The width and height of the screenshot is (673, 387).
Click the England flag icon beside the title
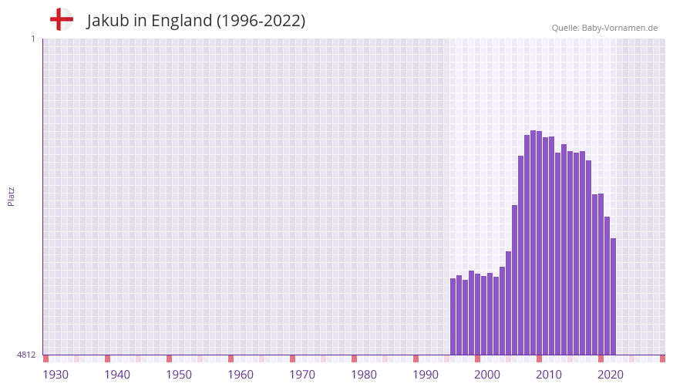pyautogui.click(x=61, y=19)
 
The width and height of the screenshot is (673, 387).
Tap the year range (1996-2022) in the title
pyautogui.click(x=261, y=21)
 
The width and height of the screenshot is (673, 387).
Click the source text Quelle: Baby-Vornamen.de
pyautogui.click(x=604, y=28)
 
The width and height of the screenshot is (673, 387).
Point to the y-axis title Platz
pyautogui.click(x=11, y=196)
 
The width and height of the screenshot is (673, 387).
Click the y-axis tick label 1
pyautogui.click(x=32, y=39)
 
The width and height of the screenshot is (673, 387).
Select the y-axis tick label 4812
pyautogui.click(x=26, y=355)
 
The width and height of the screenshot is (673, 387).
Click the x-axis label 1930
pyautogui.click(x=56, y=375)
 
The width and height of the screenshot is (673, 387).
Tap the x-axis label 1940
pyautogui.click(x=117, y=375)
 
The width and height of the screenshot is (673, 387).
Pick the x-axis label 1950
pyautogui.click(x=179, y=375)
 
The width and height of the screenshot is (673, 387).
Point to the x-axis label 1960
pyautogui.click(x=241, y=375)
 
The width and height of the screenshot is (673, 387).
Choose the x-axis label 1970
pyautogui.click(x=302, y=375)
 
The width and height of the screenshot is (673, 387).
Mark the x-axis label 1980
pyautogui.click(x=364, y=375)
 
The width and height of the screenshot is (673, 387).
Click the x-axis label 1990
pyautogui.click(x=426, y=375)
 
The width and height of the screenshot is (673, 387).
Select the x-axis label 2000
pyautogui.click(x=487, y=375)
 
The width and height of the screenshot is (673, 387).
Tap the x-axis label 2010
pyautogui.click(x=549, y=375)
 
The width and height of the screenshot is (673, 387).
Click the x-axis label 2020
pyautogui.click(x=611, y=375)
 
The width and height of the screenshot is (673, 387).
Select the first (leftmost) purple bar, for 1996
pyautogui.click(x=453, y=316)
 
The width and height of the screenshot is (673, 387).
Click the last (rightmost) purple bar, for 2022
pyautogui.click(x=613, y=297)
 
